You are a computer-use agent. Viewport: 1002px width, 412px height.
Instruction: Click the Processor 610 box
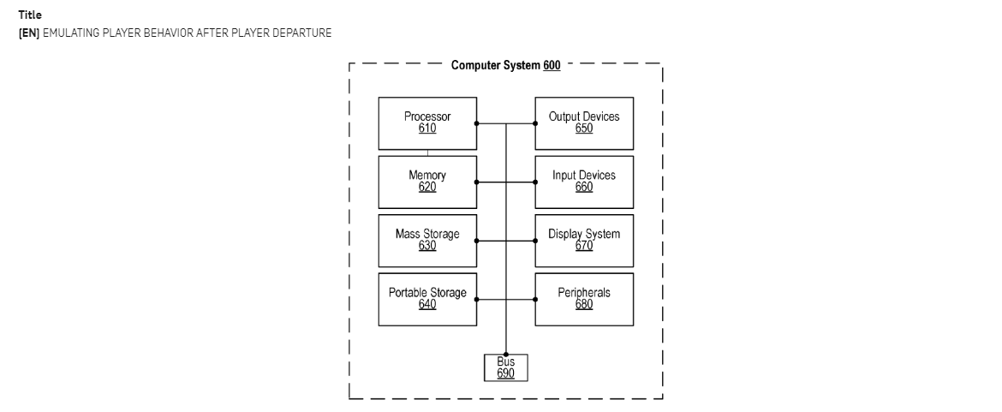click(x=427, y=123)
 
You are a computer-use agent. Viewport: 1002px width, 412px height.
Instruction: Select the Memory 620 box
click(x=427, y=182)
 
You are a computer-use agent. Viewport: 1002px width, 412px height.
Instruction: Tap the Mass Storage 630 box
click(x=427, y=241)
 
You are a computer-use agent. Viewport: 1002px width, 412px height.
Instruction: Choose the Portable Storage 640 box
click(x=427, y=300)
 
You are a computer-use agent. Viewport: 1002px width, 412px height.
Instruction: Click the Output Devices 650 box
click(x=584, y=123)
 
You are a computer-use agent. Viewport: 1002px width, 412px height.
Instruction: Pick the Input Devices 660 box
click(x=584, y=182)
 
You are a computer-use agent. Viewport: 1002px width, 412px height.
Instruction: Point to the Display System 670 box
click(x=584, y=241)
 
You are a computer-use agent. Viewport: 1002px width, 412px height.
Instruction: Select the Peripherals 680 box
click(x=584, y=300)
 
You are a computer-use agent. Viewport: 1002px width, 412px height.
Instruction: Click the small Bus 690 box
click(x=505, y=367)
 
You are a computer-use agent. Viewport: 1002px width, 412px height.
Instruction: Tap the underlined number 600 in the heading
click(x=552, y=65)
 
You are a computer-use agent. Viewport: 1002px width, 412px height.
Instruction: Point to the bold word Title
click(x=30, y=15)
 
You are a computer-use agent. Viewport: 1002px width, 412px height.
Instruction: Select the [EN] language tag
click(x=29, y=33)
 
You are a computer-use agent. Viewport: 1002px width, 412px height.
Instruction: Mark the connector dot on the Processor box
click(x=477, y=123)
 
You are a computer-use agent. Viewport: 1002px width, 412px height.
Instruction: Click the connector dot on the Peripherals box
click(x=535, y=300)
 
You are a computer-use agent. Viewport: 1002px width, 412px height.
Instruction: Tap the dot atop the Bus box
click(x=505, y=354)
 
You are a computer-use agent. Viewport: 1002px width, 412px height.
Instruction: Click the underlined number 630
click(x=427, y=246)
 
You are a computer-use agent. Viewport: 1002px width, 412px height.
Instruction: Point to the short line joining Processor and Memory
click(x=427, y=152)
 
